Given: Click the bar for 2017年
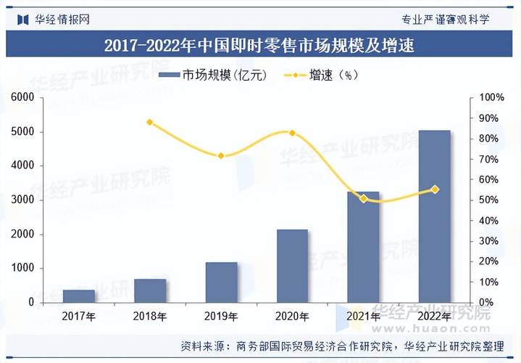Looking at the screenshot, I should tap(78, 295).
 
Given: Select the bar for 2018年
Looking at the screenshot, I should tap(149, 290).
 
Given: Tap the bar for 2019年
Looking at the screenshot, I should tap(220, 282).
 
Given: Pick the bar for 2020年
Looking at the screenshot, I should tap(292, 266).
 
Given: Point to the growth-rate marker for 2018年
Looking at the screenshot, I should tap(149, 122).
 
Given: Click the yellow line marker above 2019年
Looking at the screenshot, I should tap(220, 156).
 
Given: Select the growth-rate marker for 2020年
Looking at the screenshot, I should tap(292, 133).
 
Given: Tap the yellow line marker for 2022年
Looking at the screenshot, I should tap(435, 189).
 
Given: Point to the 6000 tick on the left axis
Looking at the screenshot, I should tap(23, 97).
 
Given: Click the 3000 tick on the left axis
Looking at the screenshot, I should tap(23, 200).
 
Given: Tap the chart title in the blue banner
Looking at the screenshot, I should tap(259, 46).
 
